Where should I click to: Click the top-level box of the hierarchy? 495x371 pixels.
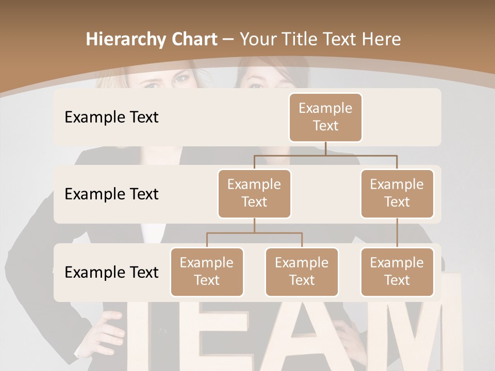325,117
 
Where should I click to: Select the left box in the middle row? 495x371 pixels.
254,193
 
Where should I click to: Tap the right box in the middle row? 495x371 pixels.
397,193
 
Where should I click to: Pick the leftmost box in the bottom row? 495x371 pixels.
207,272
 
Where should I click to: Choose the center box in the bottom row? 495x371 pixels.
302,272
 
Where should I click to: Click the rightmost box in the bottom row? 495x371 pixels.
397,272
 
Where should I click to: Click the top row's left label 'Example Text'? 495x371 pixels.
111,117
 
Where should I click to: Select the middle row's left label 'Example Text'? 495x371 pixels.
111,194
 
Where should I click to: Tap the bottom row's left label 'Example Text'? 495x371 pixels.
111,272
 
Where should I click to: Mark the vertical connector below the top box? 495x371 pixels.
325,148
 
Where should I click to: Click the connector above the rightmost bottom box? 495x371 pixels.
397,233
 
